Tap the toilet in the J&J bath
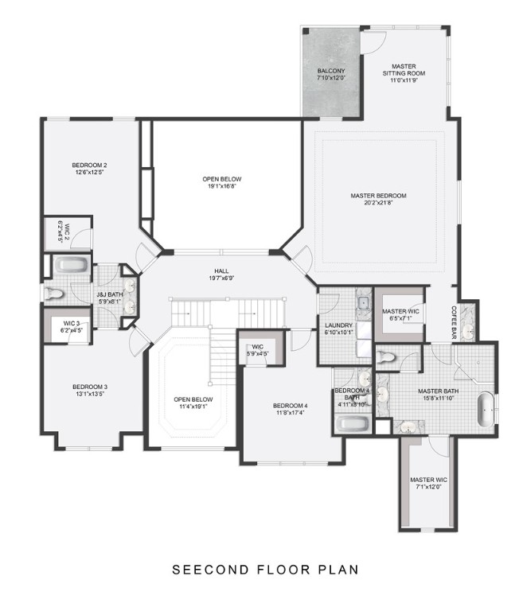coord(53,295)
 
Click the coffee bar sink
coord(469,328)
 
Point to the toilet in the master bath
coord(386,356)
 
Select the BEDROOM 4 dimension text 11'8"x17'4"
coord(291,413)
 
